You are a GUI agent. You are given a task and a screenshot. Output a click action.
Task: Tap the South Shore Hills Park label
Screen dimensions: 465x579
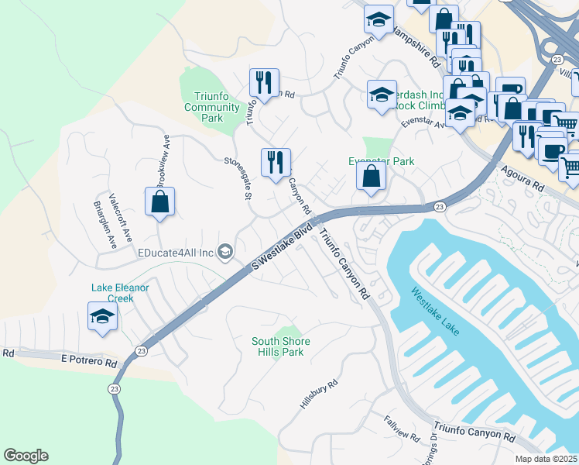281,346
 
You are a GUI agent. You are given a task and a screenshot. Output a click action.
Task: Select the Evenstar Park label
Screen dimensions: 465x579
381,161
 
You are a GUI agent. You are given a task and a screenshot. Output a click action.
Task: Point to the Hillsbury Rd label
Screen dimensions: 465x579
319,394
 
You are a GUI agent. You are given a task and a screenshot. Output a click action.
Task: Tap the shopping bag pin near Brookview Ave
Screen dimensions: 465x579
159,202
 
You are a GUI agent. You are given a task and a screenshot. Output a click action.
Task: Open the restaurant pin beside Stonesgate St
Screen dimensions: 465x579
276,164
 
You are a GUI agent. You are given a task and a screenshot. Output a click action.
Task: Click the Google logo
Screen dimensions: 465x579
26,456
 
